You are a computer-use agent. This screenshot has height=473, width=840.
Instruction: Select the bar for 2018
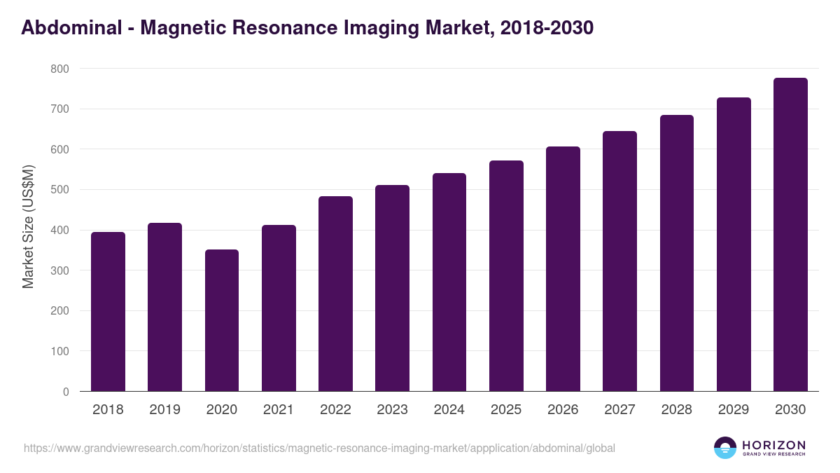click(108, 312)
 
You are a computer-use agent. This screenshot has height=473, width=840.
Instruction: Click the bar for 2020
click(222, 320)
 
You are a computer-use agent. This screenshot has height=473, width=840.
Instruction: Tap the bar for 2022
click(335, 294)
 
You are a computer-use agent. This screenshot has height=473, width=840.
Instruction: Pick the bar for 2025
click(506, 276)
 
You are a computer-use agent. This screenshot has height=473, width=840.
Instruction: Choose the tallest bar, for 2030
click(790, 235)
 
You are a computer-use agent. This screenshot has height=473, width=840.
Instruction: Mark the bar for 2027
click(619, 261)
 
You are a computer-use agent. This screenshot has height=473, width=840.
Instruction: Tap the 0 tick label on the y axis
click(66, 392)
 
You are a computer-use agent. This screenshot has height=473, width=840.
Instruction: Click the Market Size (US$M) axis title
click(28, 226)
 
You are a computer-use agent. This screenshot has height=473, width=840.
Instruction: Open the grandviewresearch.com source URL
click(319, 448)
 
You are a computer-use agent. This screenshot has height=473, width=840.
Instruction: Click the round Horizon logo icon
click(725, 448)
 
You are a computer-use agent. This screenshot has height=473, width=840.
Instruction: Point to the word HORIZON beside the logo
click(773, 445)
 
